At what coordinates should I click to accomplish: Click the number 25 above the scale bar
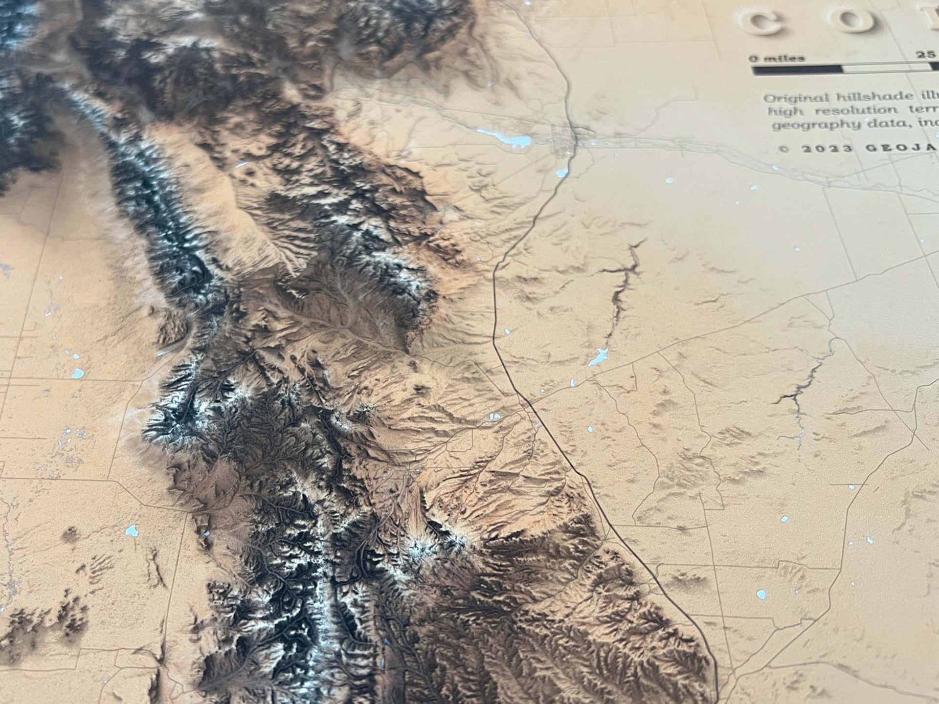click(925, 55)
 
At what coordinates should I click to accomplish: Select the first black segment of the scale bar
click(797, 70)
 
